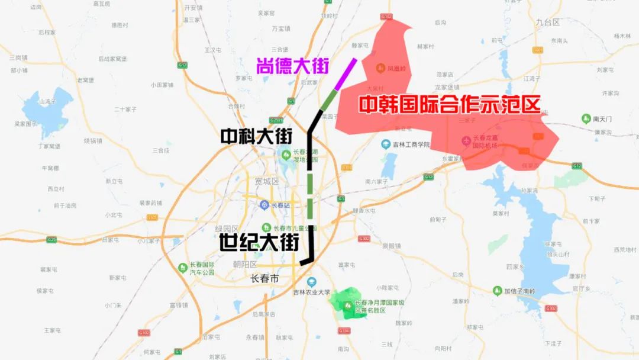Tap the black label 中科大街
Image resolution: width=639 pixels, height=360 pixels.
point(256,137)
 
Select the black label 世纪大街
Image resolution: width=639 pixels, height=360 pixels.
point(259,242)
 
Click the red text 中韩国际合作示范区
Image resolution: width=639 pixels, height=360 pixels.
point(450,105)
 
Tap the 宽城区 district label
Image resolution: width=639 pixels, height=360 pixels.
point(266,181)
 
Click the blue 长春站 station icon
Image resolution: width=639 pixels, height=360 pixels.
point(264,205)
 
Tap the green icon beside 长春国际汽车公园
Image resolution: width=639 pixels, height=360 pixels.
point(183,268)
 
